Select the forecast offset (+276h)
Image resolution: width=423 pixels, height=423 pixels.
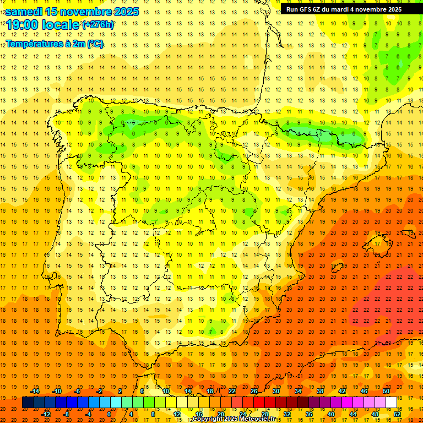98,24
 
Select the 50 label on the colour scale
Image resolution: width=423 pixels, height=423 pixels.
386,391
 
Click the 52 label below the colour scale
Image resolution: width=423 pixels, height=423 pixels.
397,414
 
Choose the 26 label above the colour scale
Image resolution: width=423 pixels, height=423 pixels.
253,391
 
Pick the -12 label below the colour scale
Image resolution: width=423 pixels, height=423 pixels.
46,414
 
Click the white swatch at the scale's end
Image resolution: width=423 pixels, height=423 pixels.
391,403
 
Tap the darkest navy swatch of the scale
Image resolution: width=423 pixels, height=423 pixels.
28,403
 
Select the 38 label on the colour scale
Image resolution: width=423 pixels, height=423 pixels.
320,391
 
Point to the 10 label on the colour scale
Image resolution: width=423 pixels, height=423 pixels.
165,391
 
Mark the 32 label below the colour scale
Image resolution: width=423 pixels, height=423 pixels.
286,414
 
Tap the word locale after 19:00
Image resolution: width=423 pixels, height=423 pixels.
61,25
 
